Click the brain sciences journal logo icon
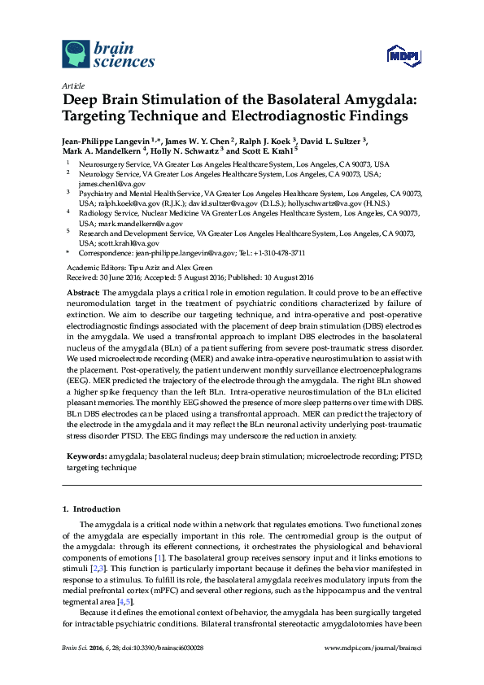(x=74, y=55)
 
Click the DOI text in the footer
(x=166, y=648)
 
